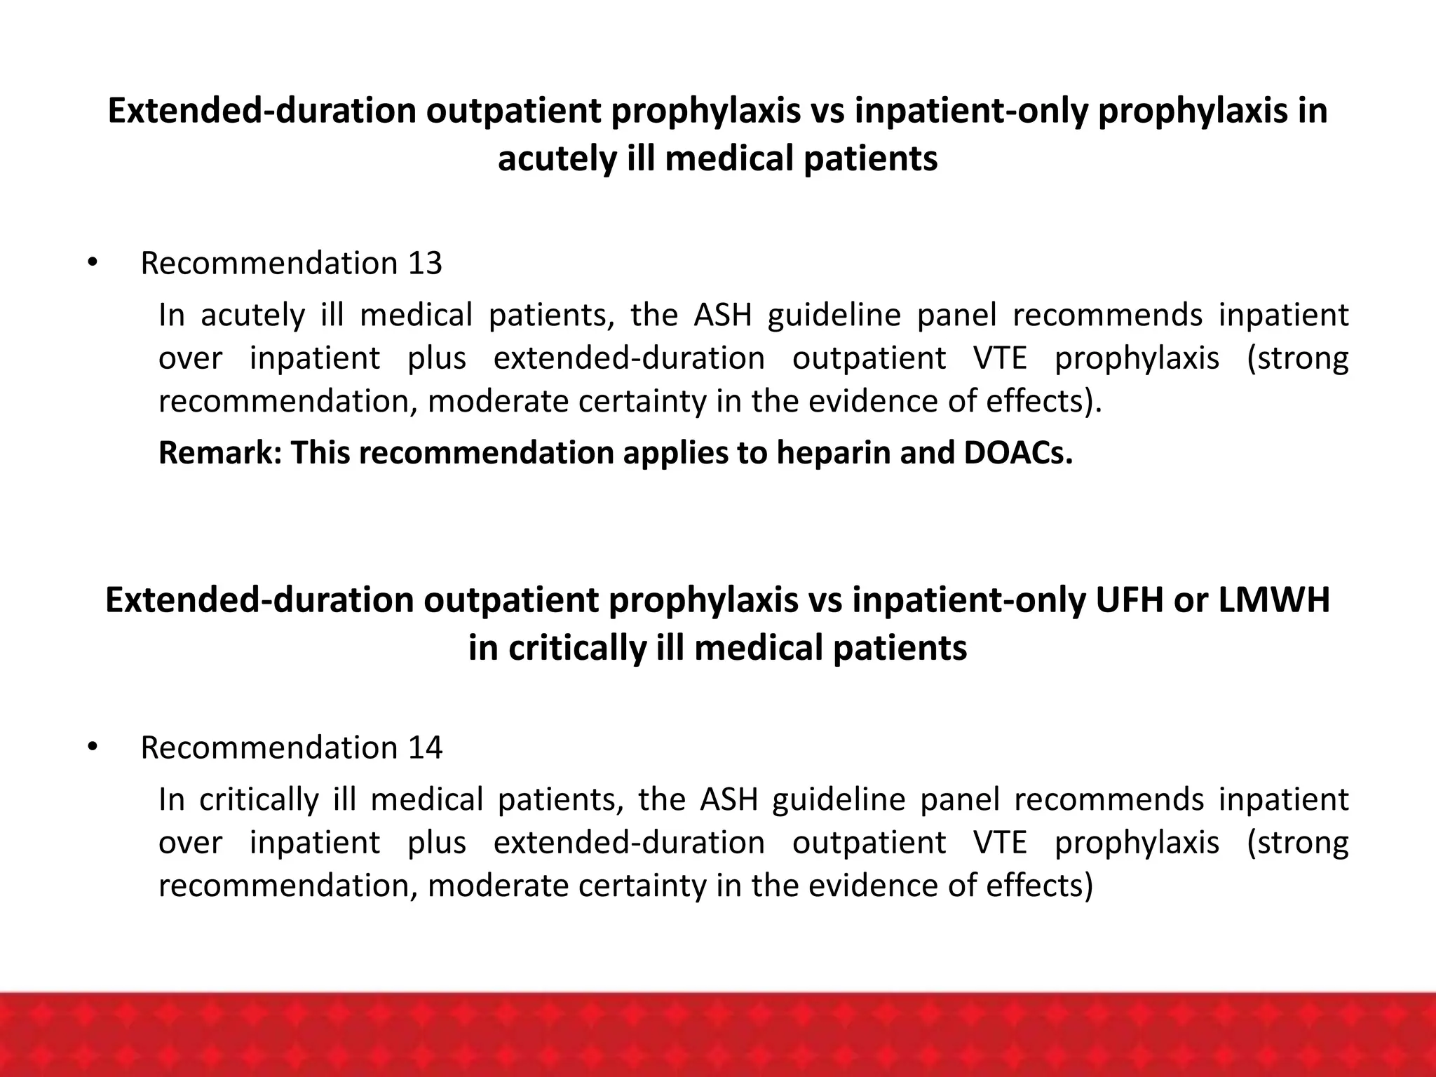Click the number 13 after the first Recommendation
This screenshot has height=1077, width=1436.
tap(424, 264)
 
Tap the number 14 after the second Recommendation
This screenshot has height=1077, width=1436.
tap(425, 748)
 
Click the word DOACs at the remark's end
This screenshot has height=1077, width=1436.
tap(1018, 453)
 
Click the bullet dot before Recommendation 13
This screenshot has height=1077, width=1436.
tap(91, 264)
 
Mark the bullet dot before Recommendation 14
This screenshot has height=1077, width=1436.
tap(91, 748)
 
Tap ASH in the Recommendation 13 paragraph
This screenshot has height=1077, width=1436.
tap(722, 315)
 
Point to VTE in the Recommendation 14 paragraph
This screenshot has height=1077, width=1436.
tap(1000, 842)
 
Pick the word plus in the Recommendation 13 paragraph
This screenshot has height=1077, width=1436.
tap(437, 358)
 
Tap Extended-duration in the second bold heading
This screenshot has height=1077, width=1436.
tap(258, 600)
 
